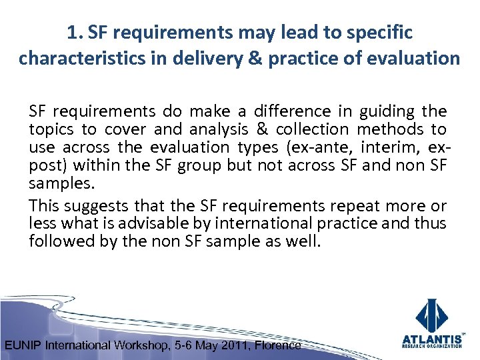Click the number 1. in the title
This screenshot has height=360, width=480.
75,32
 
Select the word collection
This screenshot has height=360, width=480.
312,129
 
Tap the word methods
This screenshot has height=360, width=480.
389,129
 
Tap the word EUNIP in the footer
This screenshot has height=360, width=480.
24,345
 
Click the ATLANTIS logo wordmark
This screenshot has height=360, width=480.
432,338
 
